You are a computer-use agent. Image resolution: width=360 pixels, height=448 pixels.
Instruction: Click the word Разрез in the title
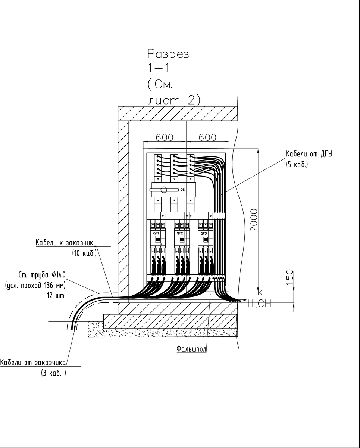point(168,54)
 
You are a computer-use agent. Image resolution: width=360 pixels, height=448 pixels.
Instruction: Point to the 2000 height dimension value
point(254,220)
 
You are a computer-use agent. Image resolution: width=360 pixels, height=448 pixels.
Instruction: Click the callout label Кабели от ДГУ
point(309,154)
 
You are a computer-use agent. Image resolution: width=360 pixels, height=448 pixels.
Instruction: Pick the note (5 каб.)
point(297,164)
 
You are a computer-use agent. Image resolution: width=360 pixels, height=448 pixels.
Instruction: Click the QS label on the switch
point(182,190)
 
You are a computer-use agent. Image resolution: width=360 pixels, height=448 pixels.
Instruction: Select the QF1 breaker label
point(156,233)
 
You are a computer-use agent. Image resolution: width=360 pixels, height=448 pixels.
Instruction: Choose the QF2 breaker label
point(180,233)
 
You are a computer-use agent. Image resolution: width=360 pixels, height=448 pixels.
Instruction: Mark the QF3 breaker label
point(203,233)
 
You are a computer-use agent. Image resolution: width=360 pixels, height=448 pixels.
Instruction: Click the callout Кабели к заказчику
point(66,243)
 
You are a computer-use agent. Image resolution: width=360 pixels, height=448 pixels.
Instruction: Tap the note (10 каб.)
point(84,253)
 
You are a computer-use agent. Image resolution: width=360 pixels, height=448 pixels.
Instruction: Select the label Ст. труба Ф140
point(42,275)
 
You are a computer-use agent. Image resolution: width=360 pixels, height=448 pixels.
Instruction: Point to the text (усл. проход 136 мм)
point(36,286)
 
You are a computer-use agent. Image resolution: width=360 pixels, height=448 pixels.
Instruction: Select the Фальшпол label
point(191,349)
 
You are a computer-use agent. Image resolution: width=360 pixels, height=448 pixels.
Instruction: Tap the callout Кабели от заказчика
point(34,363)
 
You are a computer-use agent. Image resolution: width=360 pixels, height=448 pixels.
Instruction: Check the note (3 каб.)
point(53,373)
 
